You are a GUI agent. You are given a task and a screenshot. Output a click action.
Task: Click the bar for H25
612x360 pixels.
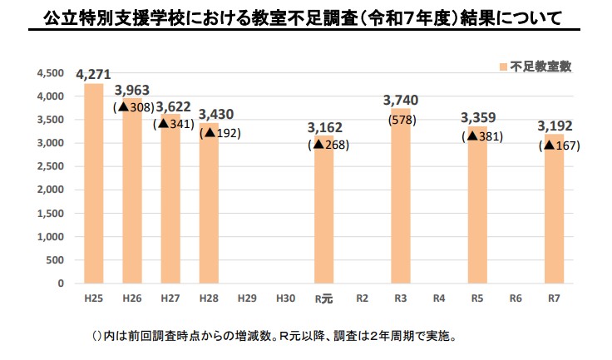93,183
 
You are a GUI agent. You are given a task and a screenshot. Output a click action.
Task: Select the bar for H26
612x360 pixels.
131,200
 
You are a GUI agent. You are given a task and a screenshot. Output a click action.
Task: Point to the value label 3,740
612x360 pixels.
401,101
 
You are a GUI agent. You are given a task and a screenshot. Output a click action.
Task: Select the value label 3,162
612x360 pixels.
323,128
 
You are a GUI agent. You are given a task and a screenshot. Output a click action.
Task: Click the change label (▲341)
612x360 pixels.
174,123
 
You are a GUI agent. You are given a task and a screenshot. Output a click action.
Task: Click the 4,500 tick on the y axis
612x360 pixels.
52,74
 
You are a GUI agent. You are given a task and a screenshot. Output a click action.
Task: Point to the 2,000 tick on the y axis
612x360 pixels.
52,190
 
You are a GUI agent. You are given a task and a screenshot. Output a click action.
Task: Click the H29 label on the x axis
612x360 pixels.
246,297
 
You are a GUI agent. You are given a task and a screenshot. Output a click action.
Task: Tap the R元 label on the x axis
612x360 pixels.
323,297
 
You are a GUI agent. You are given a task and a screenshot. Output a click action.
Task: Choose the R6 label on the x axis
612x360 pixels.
516,297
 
